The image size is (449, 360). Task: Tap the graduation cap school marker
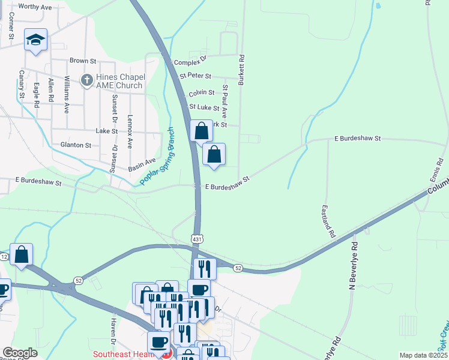pos(35,40)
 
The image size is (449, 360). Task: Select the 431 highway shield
pos(197,239)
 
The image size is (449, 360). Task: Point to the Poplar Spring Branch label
pos(157,157)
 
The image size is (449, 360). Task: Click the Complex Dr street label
pos(190,62)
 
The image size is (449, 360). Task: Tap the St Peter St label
pos(196,76)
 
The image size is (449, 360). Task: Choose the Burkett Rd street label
pos(241,70)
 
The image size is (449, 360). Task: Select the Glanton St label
pos(76,145)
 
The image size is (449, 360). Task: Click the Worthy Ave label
pos(35,6)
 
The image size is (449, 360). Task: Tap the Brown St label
pos(83,61)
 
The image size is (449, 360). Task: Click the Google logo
pos(20,353)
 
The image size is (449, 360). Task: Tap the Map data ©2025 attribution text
pos(423,355)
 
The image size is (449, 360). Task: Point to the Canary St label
pos(22,84)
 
